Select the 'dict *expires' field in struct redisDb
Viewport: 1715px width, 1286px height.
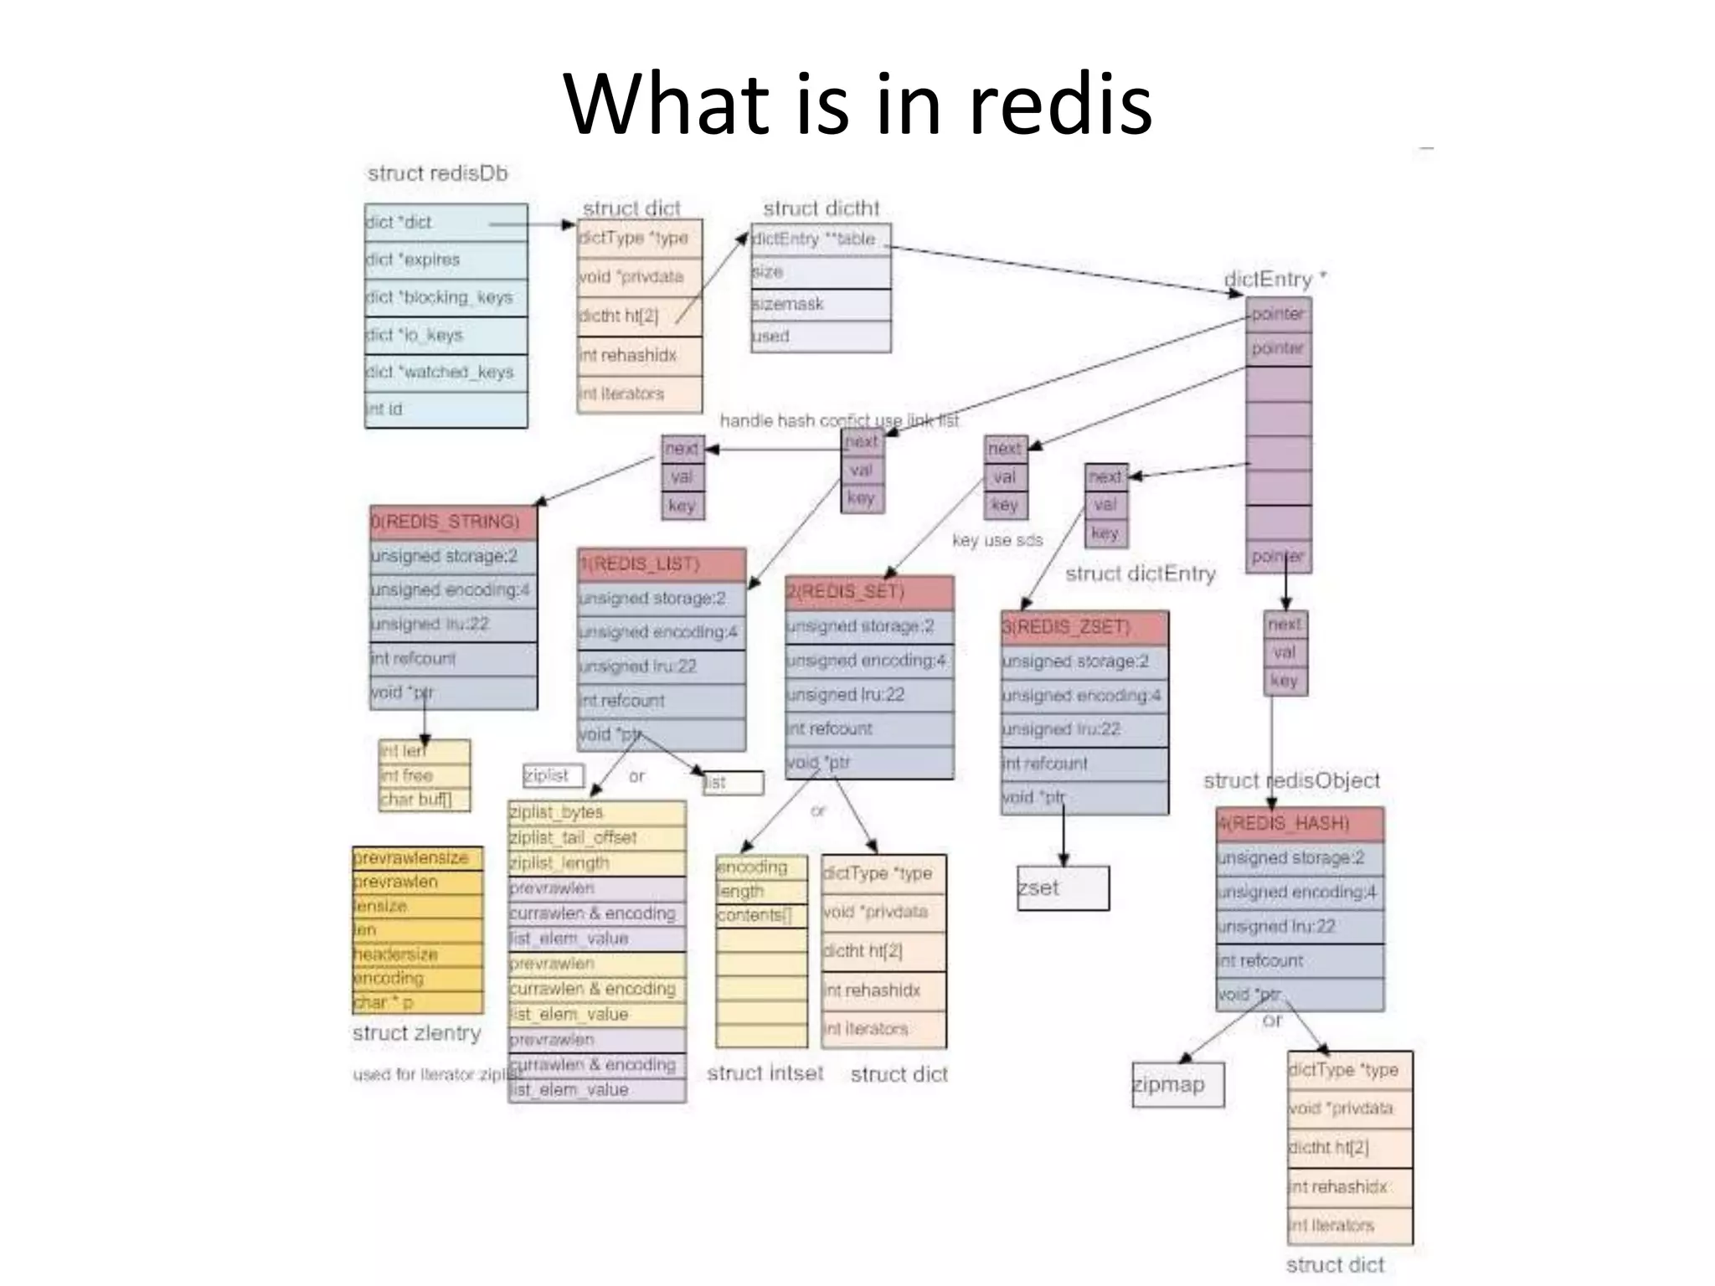coord(445,260)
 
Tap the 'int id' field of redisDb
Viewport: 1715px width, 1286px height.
coord(445,409)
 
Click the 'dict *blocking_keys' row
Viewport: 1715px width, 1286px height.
coord(445,297)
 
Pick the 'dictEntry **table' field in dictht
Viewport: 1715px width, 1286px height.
coord(821,239)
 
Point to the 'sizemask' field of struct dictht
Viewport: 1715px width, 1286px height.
coord(821,304)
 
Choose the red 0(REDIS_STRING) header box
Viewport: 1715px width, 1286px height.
coord(453,522)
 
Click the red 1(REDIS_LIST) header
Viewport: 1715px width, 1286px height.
coord(661,563)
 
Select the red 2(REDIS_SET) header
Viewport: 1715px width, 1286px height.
coord(869,592)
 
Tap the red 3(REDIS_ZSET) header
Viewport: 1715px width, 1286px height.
coord(1084,627)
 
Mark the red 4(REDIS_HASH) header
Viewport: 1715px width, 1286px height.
coord(1300,824)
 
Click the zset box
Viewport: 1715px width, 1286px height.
coord(1063,887)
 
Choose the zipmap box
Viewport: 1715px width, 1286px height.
coord(1177,1084)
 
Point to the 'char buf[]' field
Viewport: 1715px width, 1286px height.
coord(424,800)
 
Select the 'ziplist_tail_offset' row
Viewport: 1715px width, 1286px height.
coord(596,838)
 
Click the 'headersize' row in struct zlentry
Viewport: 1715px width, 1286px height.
coord(417,954)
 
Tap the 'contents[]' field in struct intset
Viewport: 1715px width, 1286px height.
coord(760,915)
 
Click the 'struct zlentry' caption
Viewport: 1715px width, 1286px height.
coord(416,1033)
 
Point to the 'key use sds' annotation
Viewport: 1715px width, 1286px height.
coord(997,541)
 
